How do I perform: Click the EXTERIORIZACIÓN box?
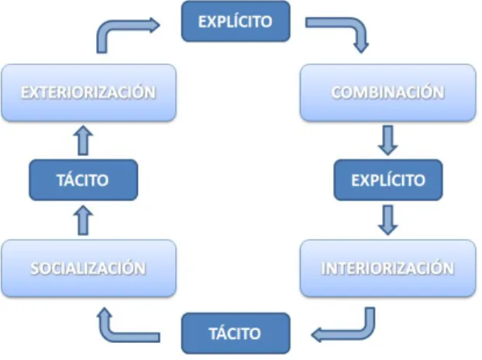coord(89,92)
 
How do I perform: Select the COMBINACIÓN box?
coord(388,92)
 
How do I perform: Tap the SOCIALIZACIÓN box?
coord(89,268)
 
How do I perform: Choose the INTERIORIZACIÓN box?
coord(388,268)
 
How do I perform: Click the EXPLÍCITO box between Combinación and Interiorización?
coord(388,180)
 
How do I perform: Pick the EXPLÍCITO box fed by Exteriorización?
coord(236,21)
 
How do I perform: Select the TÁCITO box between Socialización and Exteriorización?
coord(84,180)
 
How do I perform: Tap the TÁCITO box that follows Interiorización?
coord(236,333)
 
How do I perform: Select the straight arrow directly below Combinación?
coord(388,140)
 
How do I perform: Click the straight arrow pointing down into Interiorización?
coord(388,220)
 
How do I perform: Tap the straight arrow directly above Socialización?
coord(84,220)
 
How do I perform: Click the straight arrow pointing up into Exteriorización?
coord(84,140)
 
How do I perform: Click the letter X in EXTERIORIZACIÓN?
coord(34,92)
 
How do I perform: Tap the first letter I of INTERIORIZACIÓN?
coord(323,268)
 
